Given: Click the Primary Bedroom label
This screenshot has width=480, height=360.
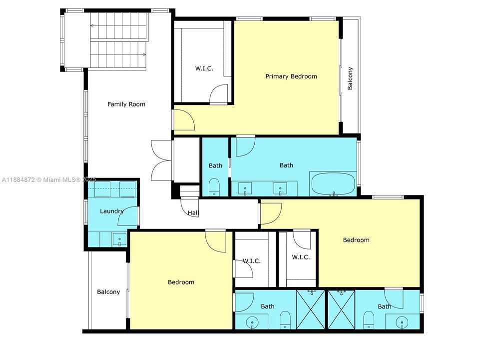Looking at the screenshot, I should point(291,76).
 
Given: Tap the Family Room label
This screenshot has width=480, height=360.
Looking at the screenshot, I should point(126,104).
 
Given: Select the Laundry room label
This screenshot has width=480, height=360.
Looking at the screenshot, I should point(111,211).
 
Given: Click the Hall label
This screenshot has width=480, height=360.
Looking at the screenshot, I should point(193,213).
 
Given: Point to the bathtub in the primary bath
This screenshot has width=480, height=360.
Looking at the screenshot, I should point(333,184).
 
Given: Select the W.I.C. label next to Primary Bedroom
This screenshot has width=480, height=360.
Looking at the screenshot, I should point(204,68).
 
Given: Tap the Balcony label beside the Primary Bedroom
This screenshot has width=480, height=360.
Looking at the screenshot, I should point(350,78).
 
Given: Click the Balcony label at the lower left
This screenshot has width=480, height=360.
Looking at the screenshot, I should point(108,292).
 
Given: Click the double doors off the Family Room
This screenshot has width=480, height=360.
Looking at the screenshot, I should point(161,160).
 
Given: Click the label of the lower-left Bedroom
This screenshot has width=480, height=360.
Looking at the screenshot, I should point(181,282).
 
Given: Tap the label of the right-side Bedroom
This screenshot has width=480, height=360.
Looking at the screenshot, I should point(356,240).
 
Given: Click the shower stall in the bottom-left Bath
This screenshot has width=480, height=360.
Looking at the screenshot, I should point(310,309).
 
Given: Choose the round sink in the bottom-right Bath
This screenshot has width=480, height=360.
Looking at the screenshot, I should point(403,323).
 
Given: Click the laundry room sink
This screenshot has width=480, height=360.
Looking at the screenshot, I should point(120,239).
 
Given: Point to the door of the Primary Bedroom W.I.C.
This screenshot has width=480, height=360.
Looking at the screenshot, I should point(219,95).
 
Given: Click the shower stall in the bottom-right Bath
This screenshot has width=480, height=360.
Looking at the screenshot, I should point(341,309).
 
